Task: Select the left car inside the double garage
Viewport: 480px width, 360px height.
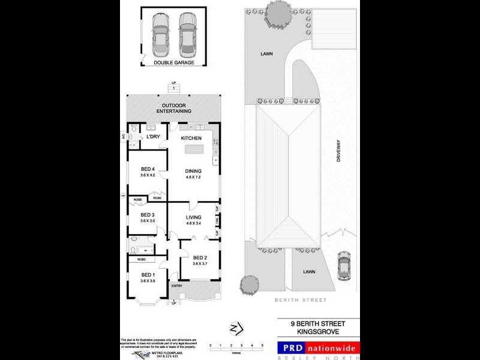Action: [160, 32]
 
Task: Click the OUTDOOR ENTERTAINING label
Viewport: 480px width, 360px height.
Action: [173, 109]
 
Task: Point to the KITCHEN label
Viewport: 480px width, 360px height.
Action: [191, 139]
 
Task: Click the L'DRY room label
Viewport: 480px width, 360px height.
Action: [153, 137]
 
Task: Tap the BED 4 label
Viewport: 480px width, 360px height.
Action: [148, 169]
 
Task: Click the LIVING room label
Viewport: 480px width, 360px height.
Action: [193, 217]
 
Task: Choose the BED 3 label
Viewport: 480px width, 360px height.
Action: [148, 215]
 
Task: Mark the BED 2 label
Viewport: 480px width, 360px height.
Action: [200, 257]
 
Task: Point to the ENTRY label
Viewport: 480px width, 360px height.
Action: [177, 286]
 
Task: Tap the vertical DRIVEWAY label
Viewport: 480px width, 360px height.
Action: [338, 151]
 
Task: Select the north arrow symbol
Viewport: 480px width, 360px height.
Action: [236, 328]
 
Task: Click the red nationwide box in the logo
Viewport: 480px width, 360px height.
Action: [332, 348]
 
